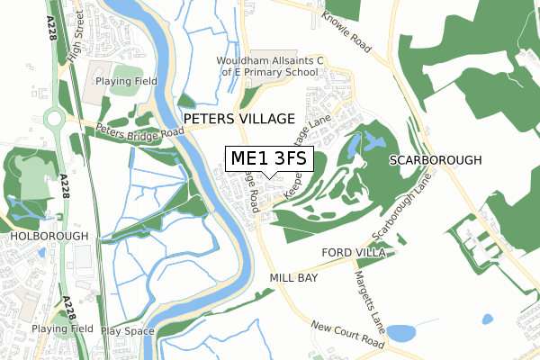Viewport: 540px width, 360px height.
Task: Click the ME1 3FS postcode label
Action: click(269, 159)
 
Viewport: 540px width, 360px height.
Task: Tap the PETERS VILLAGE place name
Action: click(238, 119)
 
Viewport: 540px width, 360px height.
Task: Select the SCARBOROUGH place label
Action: click(436, 159)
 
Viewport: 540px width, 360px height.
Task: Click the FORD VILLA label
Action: click(355, 254)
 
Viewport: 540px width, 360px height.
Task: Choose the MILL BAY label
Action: click(293, 279)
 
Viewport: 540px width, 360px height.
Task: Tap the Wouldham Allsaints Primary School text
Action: click(269, 67)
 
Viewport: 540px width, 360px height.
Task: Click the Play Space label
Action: click(123, 330)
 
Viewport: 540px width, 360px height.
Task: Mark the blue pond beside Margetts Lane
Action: click(402, 332)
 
